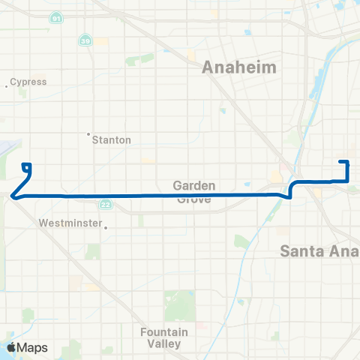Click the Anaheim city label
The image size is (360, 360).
point(239,67)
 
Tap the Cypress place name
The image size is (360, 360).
point(30,82)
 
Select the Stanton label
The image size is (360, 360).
point(112,139)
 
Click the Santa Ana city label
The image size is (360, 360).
point(320,250)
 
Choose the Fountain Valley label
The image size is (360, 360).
point(160,337)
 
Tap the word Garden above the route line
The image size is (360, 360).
point(194,184)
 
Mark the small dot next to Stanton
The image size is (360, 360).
point(88,135)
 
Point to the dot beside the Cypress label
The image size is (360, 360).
point(7,85)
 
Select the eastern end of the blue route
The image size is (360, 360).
point(341,162)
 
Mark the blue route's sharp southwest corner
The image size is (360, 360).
point(13,196)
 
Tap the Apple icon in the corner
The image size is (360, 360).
point(11,347)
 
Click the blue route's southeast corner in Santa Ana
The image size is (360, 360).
point(347,181)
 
